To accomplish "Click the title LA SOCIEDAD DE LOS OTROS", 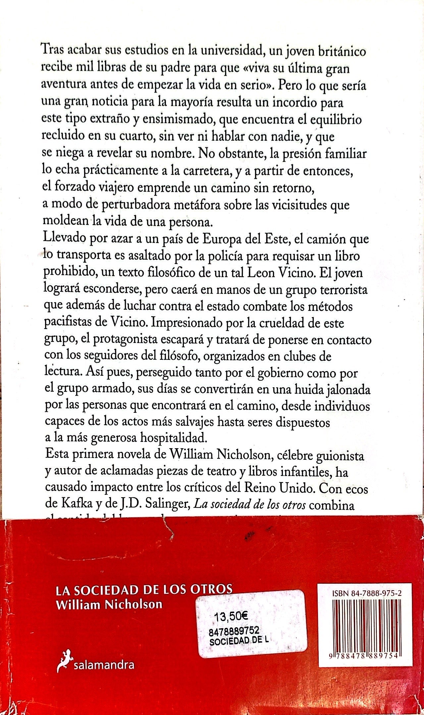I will pyautogui.click(x=144, y=589).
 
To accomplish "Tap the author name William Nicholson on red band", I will pyautogui.click(x=109, y=604).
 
